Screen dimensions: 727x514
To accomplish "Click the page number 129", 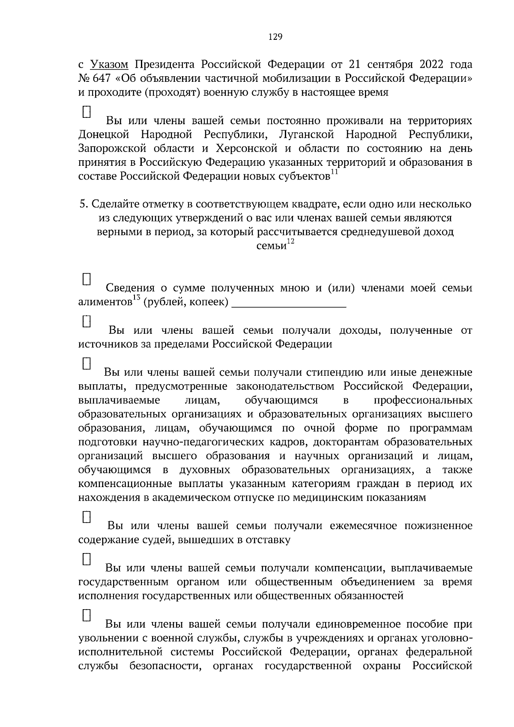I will coord(275,37).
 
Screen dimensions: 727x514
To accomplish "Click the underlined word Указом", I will coord(109,65).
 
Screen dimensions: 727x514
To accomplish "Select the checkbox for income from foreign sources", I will coord(87,321).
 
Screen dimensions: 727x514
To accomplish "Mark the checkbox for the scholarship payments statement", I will coord(87,364).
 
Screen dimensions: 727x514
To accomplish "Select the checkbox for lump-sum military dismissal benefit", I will coord(87,615).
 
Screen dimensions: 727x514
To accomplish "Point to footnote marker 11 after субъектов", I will coord(335,172).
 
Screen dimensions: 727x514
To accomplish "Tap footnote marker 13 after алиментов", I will coord(137,298).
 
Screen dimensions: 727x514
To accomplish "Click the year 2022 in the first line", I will coord(433,65).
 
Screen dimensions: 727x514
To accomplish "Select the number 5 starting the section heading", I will coord(83,204).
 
